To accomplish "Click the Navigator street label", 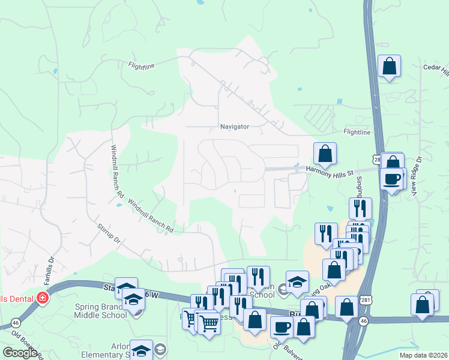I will (235, 127).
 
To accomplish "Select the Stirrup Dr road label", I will (109, 234).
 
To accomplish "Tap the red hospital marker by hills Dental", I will (42, 298).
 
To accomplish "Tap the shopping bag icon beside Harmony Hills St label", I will (325, 154).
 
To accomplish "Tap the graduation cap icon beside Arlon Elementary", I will (142, 351).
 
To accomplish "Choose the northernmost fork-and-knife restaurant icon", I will (360, 208).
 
